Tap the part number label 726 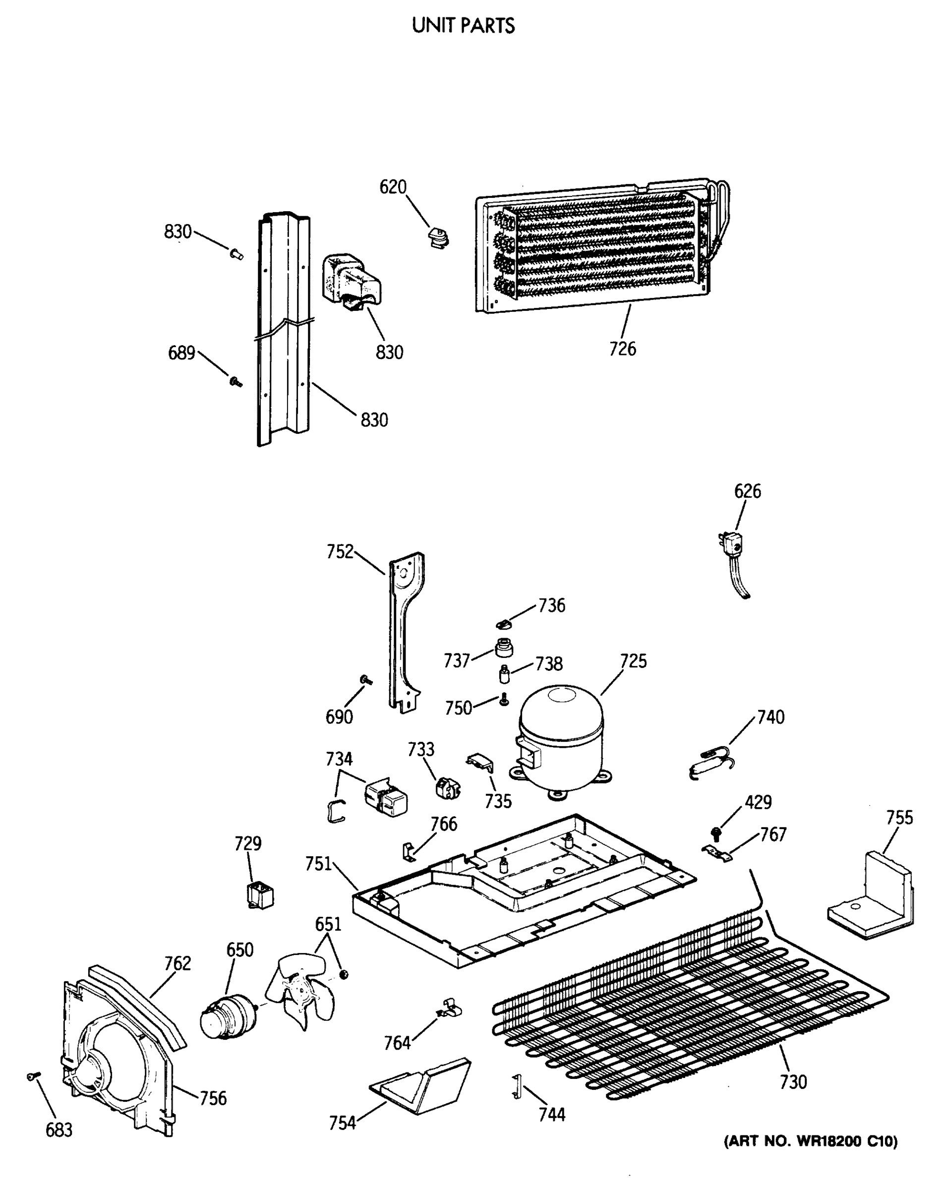(622, 349)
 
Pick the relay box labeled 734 (386, 798)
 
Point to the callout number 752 (340, 551)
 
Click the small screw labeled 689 (236, 381)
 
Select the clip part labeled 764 (450, 1009)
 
